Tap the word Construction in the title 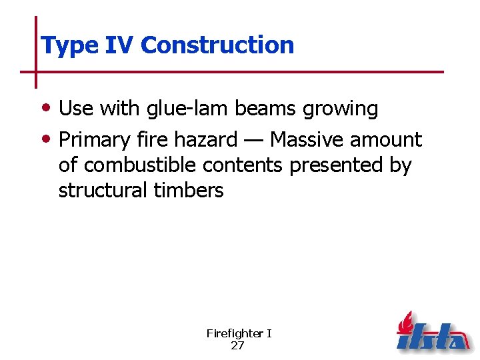[217, 45]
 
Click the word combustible [139, 165]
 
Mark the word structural [103, 191]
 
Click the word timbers [189, 191]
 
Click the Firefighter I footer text [239, 333]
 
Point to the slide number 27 [238, 345]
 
